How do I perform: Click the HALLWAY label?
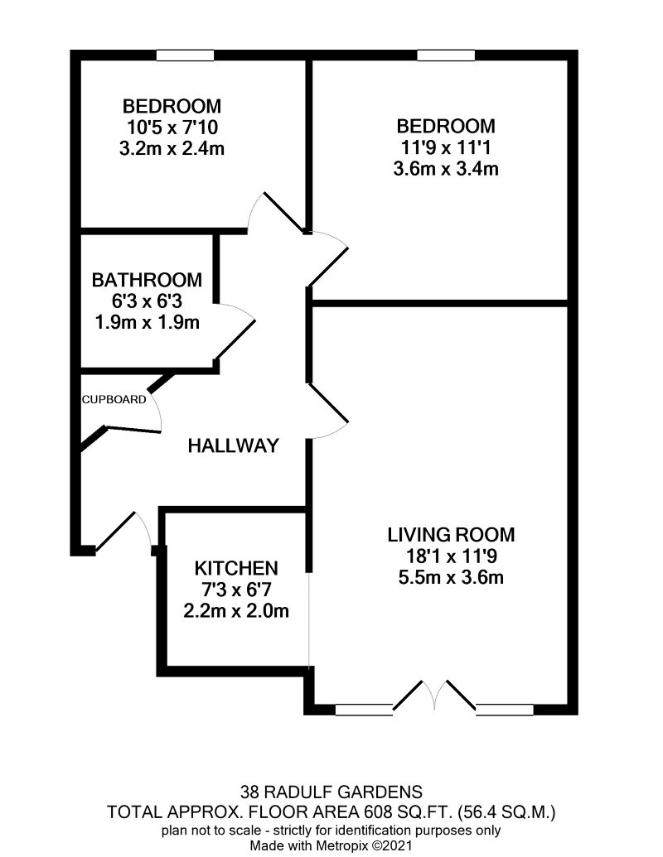(234, 445)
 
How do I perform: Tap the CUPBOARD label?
(114, 400)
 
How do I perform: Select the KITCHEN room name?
(236, 568)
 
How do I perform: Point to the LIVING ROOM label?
(452, 535)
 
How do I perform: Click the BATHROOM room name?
(148, 280)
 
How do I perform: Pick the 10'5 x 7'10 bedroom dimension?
(172, 128)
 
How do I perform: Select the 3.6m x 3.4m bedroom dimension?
(446, 168)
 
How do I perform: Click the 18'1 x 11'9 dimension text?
(452, 556)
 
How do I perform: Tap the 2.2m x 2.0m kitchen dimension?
(236, 610)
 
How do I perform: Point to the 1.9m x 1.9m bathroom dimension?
(148, 322)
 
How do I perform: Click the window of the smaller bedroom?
(185, 55)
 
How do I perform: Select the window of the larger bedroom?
(446, 55)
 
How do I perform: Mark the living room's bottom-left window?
(364, 710)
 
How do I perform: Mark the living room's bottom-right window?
(505, 710)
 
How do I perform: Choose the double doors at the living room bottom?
(435, 696)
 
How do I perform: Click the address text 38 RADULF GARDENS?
(331, 792)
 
